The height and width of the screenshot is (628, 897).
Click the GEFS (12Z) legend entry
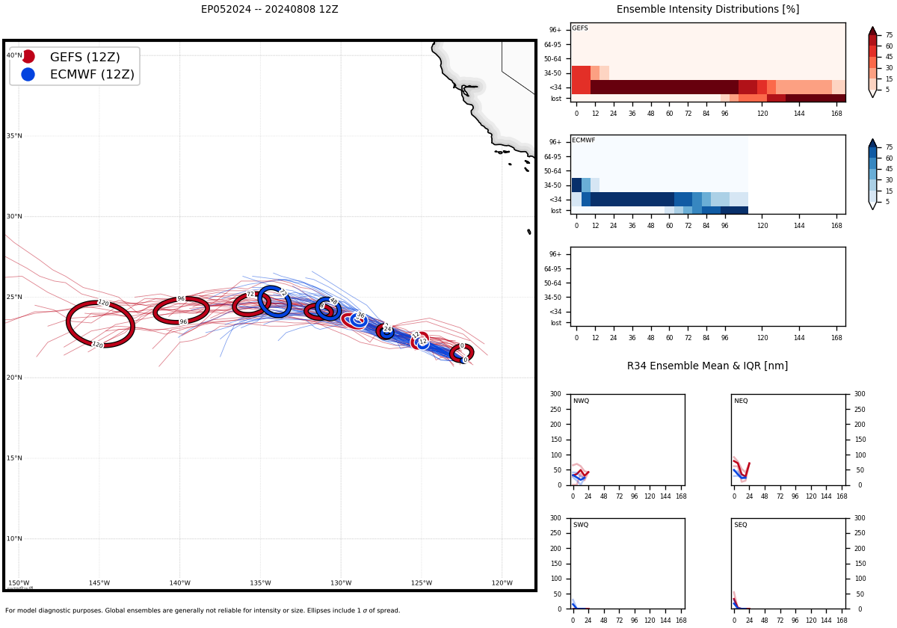tap(84, 57)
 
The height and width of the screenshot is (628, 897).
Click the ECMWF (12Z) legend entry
tap(92, 74)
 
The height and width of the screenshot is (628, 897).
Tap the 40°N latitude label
tap(14, 55)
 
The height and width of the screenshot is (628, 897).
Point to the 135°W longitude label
tap(260, 583)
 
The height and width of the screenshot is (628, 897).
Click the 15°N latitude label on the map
tap(14, 458)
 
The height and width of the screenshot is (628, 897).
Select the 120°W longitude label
tap(502, 583)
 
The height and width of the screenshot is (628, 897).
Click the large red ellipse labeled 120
tap(100, 324)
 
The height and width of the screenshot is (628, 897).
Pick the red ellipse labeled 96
tap(181, 310)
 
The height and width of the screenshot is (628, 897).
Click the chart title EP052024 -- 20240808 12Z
tap(269, 10)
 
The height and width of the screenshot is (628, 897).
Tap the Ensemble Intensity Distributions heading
tap(707, 10)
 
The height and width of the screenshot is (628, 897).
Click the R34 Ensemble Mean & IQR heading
tap(707, 366)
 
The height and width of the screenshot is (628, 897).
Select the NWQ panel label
tap(581, 401)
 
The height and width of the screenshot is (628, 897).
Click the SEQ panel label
tap(741, 525)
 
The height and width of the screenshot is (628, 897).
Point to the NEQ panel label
tap(741, 401)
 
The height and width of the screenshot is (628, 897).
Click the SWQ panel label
tap(581, 525)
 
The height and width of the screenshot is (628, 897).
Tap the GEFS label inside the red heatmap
tap(579, 28)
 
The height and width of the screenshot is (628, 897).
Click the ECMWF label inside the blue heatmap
tap(583, 141)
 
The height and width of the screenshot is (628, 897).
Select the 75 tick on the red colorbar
tap(889, 35)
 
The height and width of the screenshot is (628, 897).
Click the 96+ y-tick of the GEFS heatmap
tap(555, 30)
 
